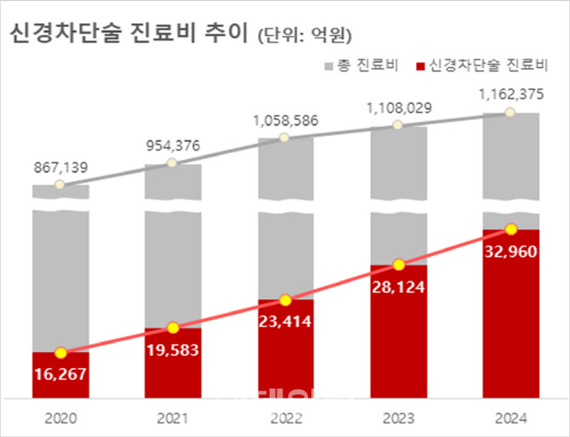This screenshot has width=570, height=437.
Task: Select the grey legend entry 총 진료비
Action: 365,65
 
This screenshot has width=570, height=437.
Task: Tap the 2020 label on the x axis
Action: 60,418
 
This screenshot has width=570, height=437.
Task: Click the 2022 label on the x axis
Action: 285,418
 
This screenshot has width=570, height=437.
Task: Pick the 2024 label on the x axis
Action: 510,418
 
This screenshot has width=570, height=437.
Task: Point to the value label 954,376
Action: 173,145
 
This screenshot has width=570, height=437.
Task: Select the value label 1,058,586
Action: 285,121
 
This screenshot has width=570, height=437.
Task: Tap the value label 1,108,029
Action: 398,108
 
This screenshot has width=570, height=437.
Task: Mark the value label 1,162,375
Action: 510,94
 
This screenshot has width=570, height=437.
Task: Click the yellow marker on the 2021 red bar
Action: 173,327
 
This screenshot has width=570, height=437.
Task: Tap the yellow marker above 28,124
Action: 398,264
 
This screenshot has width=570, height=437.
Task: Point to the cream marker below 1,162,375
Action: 510,112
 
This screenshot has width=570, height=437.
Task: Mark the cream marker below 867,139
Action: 60,184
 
